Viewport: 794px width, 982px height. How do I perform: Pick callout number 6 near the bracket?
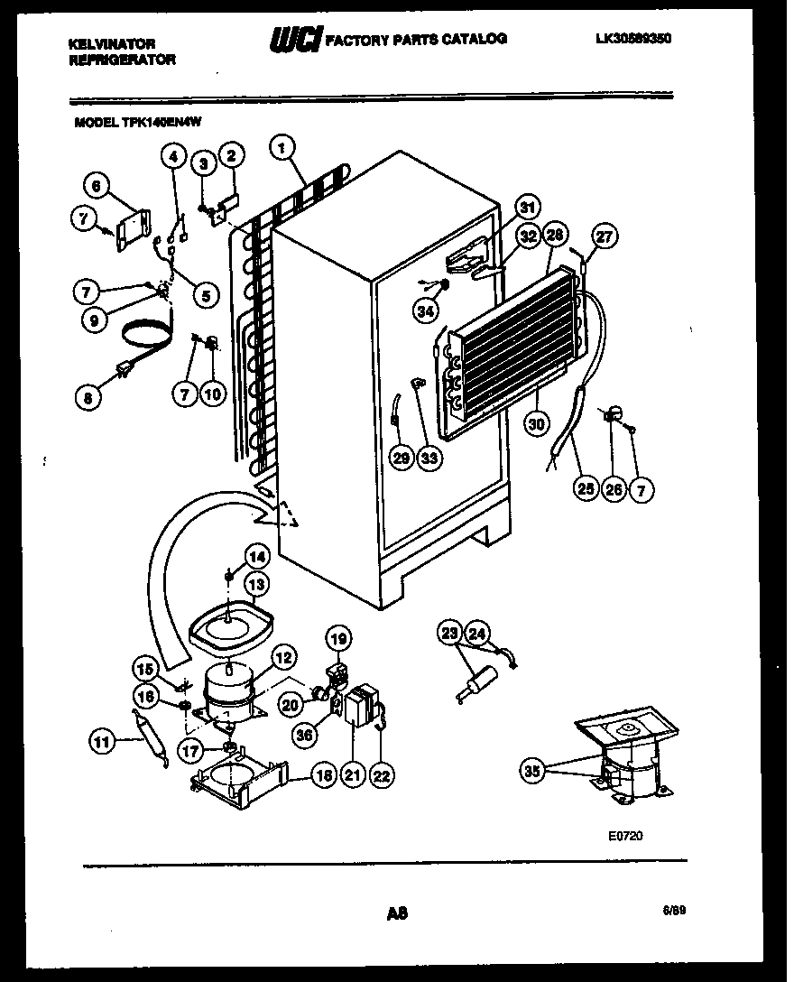click(x=96, y=185)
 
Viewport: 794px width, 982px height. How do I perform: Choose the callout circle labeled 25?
click(x=587, y=490)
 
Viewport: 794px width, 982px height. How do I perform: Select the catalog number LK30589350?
click(x=633, y=39)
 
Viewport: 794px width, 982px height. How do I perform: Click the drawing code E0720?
click(x=626, y=837)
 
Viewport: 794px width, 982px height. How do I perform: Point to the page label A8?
click(x=397, y=913)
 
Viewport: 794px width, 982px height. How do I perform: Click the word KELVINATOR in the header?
click(x=113, y=43)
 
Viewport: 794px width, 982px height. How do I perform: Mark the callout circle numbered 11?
click(x=102, y=743)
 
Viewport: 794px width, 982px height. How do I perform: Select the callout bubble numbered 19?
click(x=337, y=640)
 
